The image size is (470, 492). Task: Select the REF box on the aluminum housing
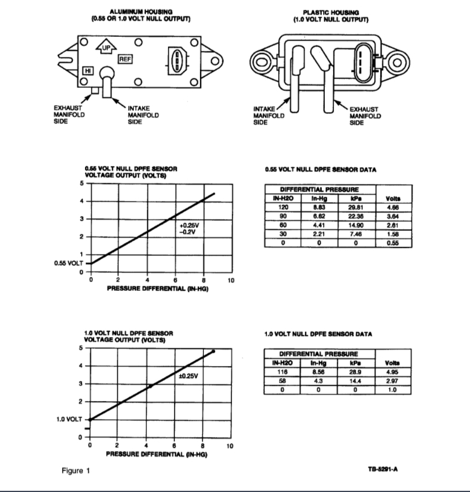[125, 59]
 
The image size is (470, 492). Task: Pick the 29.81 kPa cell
[354, 207]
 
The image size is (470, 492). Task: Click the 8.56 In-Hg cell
[319, 372]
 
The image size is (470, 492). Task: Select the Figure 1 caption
[75, 470]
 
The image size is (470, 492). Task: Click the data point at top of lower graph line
[214, 351]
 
